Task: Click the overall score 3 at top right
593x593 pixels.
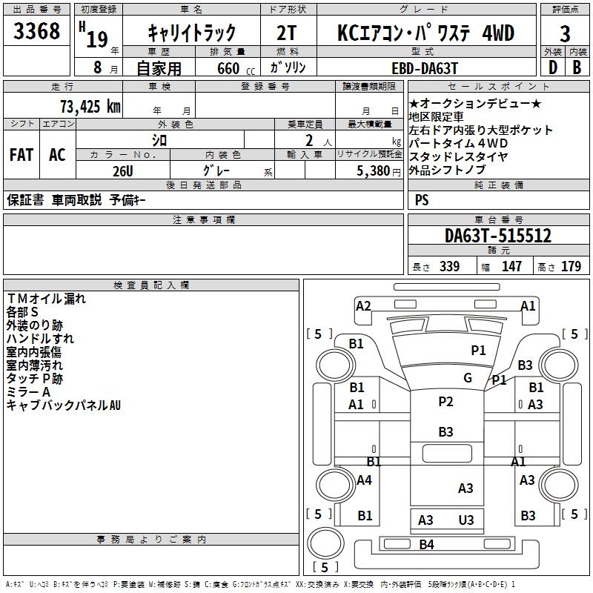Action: [565, 33]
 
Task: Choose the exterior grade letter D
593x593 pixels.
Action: [552, 67]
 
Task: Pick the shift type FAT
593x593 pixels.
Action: [21, 154]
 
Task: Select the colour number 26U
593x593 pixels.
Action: [122, 170]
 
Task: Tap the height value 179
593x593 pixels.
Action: [571, 266]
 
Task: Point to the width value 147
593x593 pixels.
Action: [511, 266]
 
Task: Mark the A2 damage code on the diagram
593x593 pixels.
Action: [363, 305]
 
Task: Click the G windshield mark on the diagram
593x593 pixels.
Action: [467, 377]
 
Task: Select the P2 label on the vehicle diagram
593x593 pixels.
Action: [445, 401]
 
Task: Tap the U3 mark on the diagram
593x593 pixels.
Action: [466, 520]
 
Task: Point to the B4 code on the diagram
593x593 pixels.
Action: [426, 545]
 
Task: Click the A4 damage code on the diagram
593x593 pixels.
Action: [363, 480]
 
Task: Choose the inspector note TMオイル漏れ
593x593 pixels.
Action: [46, 299]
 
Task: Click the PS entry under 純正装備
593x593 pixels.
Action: [422, 199]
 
